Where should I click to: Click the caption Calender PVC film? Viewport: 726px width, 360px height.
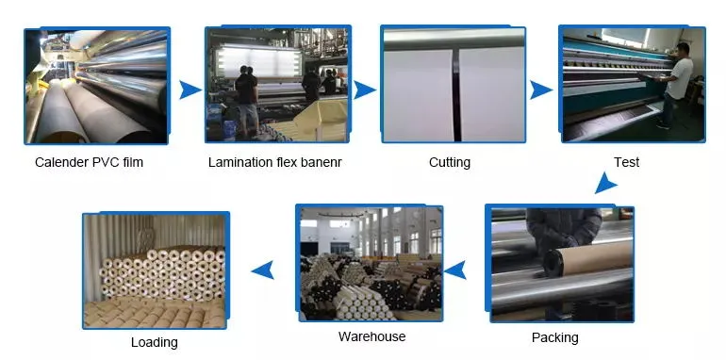click(x=90, y=163)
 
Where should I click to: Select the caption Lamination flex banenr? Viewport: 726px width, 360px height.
click(x=274, y=163)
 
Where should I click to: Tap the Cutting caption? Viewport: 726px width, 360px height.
click(x=450, y=163)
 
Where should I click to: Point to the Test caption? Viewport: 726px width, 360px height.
click(x=626, y=163)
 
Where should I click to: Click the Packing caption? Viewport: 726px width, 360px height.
click(x=555, y=337)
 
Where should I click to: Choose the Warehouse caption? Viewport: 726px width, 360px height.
click(x=371, y=336)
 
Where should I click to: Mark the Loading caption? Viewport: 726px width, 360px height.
click(x=154, y=343)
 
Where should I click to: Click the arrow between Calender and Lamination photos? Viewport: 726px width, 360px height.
click(x=190, y=90)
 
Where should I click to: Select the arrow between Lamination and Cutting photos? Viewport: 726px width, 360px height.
click(x=364, y=90)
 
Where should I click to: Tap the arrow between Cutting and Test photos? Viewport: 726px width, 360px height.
click(x=540, y=90)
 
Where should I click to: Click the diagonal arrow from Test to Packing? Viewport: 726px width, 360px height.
click(x=605, y=183)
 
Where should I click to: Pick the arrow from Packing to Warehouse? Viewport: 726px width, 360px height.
click(x=456, y=271)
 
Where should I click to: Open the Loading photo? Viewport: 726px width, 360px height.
click(x=155, y=271)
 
